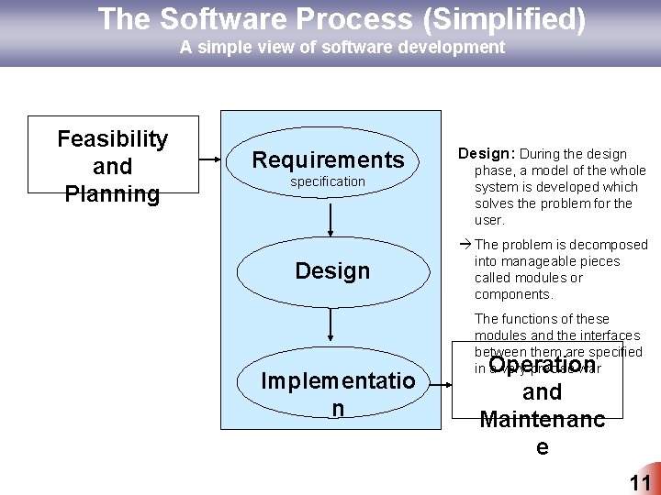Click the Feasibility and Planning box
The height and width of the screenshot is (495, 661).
[113, 156]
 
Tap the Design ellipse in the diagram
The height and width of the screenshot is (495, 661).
[332, 270]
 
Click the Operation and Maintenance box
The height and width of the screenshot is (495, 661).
[542, 403]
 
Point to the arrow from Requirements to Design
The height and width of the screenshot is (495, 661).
[330, 218]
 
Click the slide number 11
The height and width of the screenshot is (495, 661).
[639, 483]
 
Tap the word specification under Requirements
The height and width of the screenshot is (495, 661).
[328, 181]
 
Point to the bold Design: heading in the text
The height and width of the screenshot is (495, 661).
[492, 154]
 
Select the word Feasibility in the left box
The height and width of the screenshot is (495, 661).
[113, 138]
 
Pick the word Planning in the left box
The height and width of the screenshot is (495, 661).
[113, 194]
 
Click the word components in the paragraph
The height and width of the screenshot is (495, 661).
[512, 294]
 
